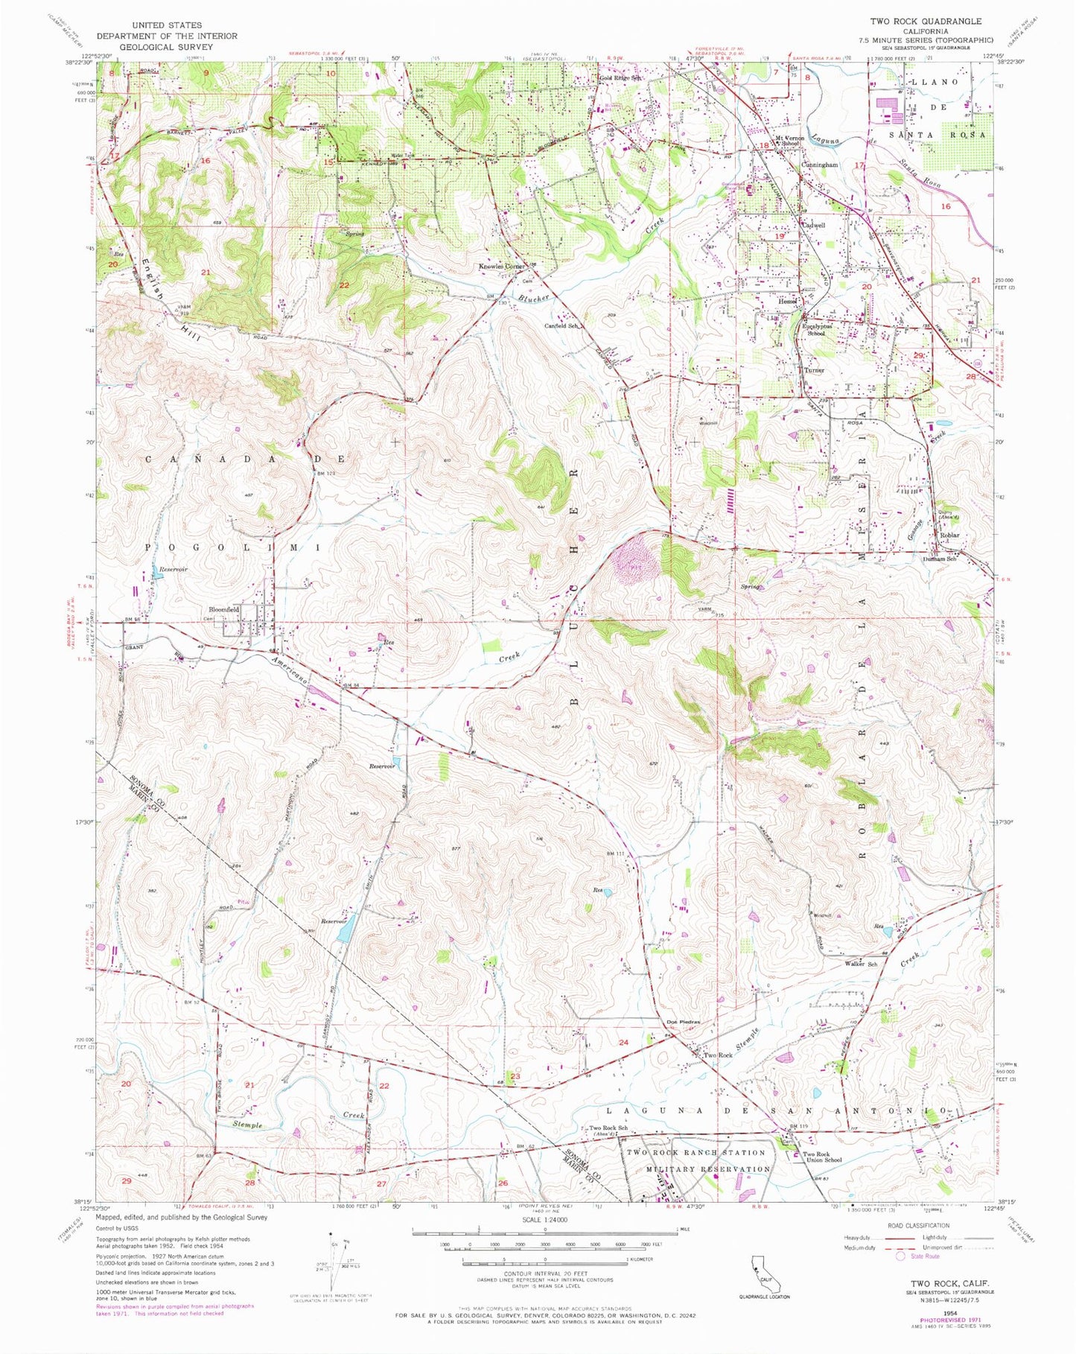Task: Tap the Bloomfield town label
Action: (x=223, y=608)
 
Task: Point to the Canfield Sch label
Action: (x=561, y=325)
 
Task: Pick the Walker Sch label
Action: (x=860, y=963)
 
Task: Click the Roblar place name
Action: (x=949, y=535)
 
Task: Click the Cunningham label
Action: (x=819, y=165)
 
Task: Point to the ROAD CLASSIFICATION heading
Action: (x=914, y=1224)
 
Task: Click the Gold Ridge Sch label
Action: (x=621, y=77)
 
